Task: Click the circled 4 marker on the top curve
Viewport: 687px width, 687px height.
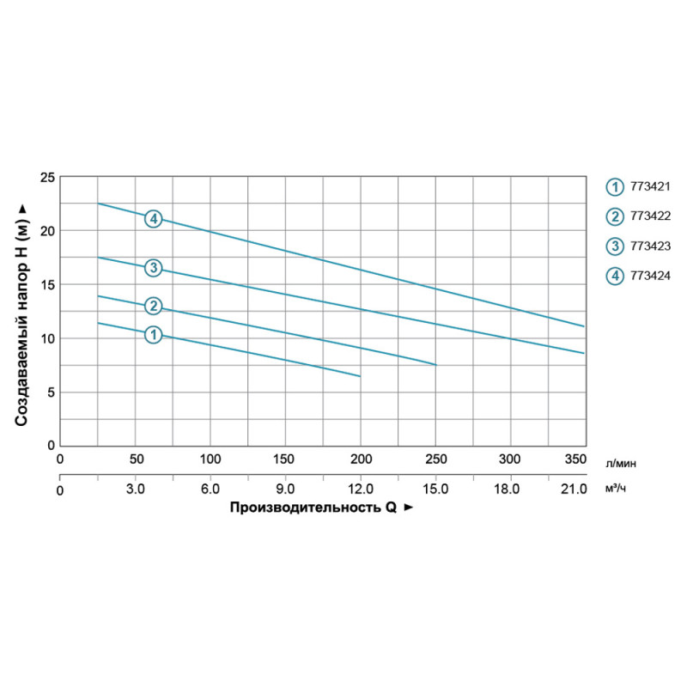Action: tap(153, 218)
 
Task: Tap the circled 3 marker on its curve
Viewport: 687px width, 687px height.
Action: tap(153, 269)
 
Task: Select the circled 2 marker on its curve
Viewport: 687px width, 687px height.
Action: tap(153, 306)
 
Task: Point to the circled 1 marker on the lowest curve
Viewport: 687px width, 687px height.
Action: tap(153, 335)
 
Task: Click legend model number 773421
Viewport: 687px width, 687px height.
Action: tap(651, 185)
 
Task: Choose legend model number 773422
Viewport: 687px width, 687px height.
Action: tap(651, 216)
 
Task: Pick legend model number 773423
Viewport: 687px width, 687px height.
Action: tap(651, 246)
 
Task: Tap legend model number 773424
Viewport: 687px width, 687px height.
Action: tap(651, 276)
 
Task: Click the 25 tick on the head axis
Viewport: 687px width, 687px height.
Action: tap(48, 177)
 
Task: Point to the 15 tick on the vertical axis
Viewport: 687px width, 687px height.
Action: tap(48, 284)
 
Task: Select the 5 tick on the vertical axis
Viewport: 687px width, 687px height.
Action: tap(52, 392)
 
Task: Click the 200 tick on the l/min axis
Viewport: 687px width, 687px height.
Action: tap(361, 459)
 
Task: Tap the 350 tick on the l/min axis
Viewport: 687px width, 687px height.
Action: tap(575, 459)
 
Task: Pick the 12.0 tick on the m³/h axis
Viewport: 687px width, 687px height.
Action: tap(361, 489)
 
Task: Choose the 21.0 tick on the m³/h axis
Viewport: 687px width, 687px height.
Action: tap(574, 489)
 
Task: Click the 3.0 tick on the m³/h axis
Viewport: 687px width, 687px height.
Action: tap(135, 489)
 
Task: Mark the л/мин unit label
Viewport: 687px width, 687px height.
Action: tap(622, 462)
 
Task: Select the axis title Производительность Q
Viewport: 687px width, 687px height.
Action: tap(314, 508)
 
